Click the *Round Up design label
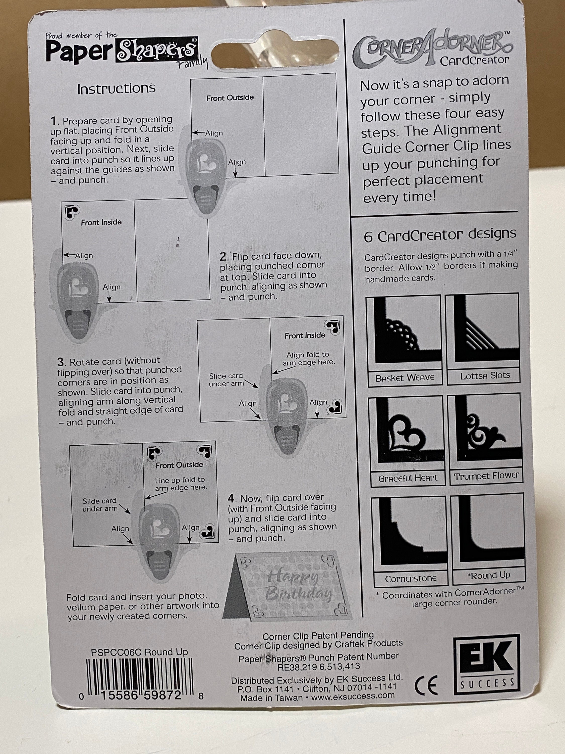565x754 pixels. tap(489, 575)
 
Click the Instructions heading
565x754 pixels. tap(116, 89)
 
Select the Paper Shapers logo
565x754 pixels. tap(122, 51)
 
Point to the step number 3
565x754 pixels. tap(61, 362)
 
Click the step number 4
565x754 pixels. tap(231, 499)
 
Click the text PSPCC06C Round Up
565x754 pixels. tap(139, 652)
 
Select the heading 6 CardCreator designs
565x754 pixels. tap(440, 235)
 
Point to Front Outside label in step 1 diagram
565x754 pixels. tap(230, 98)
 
